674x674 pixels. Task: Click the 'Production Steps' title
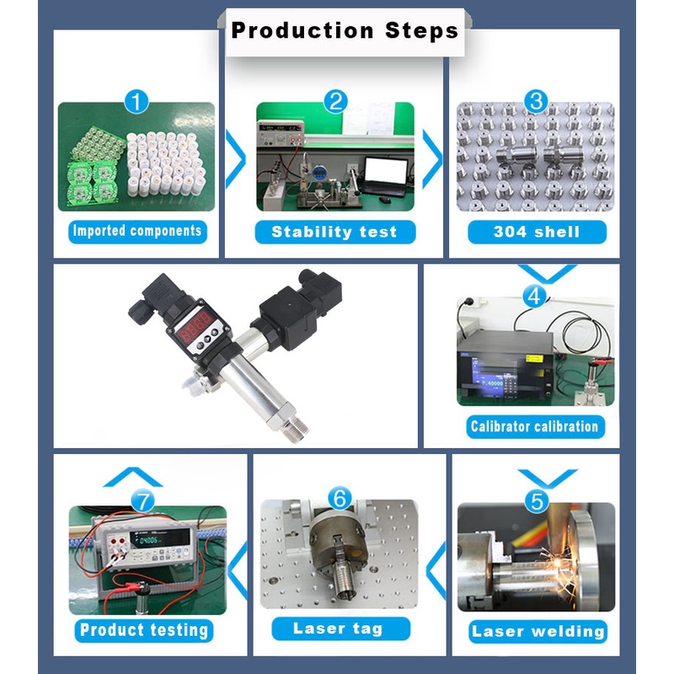[345, 31]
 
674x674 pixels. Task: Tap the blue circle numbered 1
[136, 102]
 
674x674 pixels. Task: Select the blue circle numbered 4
[534, 296]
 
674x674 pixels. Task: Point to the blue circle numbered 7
[142, 501]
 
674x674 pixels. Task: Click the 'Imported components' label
[137, 231]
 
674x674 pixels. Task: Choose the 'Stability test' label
[334, 233]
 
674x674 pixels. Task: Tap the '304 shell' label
[537, 233]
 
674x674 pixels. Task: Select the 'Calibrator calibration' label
[535, 427]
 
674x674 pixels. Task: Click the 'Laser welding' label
[538, 631]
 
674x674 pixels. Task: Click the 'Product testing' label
[144, 630]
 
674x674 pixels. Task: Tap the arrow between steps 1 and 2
[236, 159]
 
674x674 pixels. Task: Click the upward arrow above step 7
[133, 477]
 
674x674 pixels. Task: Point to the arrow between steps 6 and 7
[238, 571]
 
